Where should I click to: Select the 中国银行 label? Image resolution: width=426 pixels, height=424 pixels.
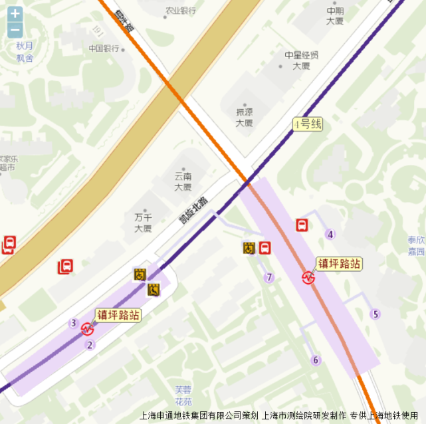click(x=104, y=49)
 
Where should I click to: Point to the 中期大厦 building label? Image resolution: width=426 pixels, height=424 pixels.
click(x=335, y=16)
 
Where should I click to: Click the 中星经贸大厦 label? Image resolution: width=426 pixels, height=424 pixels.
click(x=302, y=60)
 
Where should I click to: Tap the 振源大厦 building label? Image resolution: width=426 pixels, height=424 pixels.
click(x=244, y=117)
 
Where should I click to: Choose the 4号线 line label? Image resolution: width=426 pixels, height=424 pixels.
click(x=307, y=124)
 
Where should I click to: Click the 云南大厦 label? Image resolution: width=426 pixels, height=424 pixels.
click(x=183, y=181)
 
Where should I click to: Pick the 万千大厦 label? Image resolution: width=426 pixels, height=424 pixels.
click(x=143, y=223)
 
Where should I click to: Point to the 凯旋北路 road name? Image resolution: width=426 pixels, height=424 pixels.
click(x=193, y=209)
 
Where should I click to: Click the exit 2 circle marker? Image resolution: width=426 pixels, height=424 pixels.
click(x=90, y=345)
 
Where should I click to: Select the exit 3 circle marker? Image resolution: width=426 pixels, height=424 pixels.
click(x=73, y=324)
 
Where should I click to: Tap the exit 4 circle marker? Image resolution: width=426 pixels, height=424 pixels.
click(x=330, y=234)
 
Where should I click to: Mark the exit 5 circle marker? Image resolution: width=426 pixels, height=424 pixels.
click(x=375, y=314)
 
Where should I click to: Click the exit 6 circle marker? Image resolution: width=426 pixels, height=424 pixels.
click(x=316, y=360)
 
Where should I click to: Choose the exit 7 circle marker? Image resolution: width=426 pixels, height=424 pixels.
click(x=269, y=278)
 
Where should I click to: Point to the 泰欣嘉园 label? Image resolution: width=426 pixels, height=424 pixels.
click(x=417, y=246)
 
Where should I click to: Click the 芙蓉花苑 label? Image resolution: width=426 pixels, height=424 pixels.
click(x=183, y=396)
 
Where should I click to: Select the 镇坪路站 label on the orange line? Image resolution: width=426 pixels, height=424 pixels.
click(x=339, y=264)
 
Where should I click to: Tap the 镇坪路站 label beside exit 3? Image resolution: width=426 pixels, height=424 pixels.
click(x=118, y=315)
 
